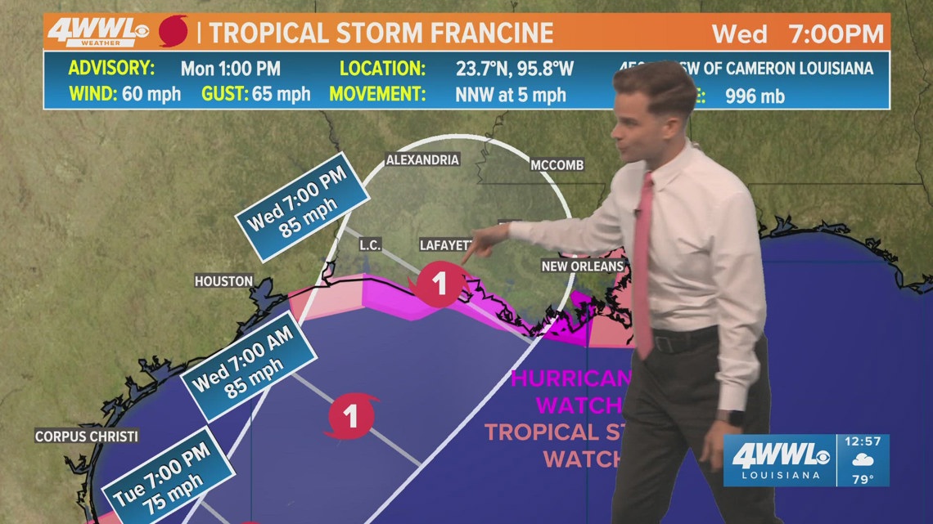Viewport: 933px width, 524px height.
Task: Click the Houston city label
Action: pos(223,281)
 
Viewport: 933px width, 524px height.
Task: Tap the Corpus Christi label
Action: pos(86,437)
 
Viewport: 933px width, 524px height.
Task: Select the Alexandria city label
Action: pos(422,159)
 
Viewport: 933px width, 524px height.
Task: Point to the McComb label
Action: pos(557,165)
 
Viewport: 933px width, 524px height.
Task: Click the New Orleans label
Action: pos(582,266)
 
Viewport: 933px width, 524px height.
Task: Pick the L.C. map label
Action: pos(371,244)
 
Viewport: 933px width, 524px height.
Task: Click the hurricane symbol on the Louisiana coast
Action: pos(440,285)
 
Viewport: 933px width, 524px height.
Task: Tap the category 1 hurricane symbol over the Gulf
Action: pos(352,416)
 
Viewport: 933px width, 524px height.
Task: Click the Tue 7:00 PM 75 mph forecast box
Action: pos(169,481)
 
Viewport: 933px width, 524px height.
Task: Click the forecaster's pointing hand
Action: pos(488,241)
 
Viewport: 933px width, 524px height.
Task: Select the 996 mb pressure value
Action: pos(755,96)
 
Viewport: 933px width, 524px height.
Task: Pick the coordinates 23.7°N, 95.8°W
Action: pos(514,68)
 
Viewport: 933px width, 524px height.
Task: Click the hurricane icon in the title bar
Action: pos(173,32)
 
